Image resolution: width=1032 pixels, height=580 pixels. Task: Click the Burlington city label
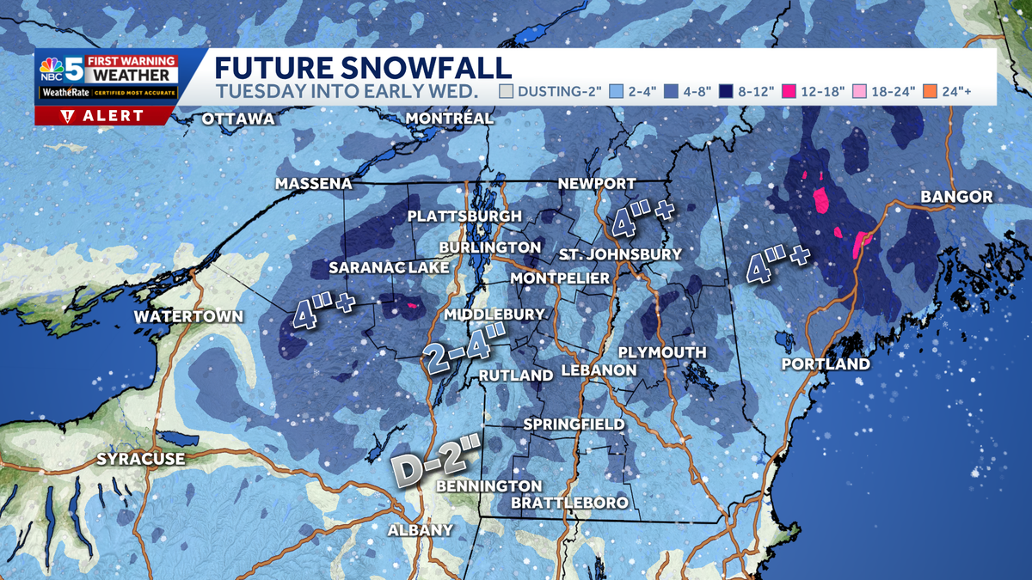489,247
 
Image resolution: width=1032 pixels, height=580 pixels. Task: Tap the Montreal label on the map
449,118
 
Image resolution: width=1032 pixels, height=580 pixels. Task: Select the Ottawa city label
238,119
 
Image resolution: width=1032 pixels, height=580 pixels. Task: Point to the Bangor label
956,198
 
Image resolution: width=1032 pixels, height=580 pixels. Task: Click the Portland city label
826,364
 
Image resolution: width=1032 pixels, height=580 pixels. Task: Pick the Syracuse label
140,459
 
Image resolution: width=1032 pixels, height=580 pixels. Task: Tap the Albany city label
420,529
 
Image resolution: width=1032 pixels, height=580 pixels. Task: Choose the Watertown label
188,317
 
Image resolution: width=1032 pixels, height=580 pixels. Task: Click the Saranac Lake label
389,268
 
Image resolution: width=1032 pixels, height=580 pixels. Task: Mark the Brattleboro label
569,503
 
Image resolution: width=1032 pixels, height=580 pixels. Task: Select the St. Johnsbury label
619,254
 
